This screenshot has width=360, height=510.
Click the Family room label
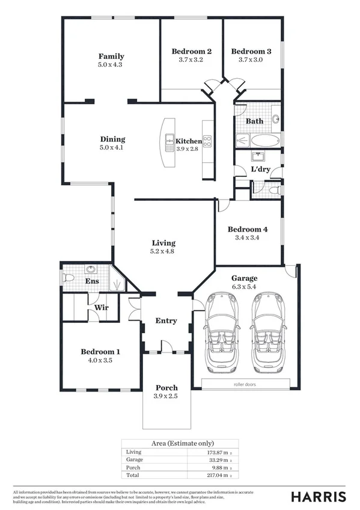pos(111,57)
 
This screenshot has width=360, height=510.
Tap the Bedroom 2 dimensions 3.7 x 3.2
pos(191,60)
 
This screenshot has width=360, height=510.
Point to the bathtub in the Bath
pos(264,141)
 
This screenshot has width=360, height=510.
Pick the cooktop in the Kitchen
pos(207,142)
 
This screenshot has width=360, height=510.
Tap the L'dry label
pos(260,170)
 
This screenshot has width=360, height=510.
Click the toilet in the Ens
pos(68,278)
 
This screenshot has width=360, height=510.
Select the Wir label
pos(100,308)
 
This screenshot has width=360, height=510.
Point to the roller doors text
pos(246,383)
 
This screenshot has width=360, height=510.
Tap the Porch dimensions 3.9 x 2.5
pos(166,396)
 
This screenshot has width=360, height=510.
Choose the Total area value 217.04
pos(211,475)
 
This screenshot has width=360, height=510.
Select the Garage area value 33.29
pos(212,459)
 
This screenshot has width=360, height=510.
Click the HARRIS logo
pos(318,496)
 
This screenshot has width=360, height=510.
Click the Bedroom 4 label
pos(248,229)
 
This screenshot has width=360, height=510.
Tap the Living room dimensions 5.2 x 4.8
pos(162,251)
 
